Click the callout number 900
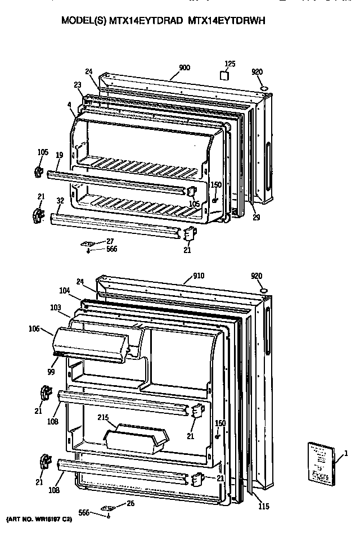184,68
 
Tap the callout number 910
198,276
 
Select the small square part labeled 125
224,76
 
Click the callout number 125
229,63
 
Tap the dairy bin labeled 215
137,438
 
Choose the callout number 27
110,241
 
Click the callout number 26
130,503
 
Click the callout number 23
78,85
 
